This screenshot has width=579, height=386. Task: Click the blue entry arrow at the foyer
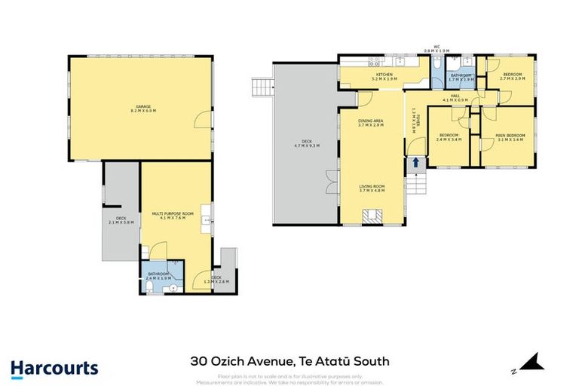point(413,163)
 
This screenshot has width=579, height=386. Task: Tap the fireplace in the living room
point(369,216)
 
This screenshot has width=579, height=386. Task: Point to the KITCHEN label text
point(384,75)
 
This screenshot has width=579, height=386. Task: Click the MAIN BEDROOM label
point(510,136)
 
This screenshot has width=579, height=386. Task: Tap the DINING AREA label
point(370,121)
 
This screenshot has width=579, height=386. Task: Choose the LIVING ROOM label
point(370,188)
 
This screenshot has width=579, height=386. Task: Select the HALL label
point(455,96)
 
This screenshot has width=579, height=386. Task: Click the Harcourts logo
point(54,369)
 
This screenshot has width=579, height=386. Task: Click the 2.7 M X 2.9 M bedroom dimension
point(510,78)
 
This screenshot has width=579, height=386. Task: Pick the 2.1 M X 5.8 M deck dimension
point(121,222)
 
